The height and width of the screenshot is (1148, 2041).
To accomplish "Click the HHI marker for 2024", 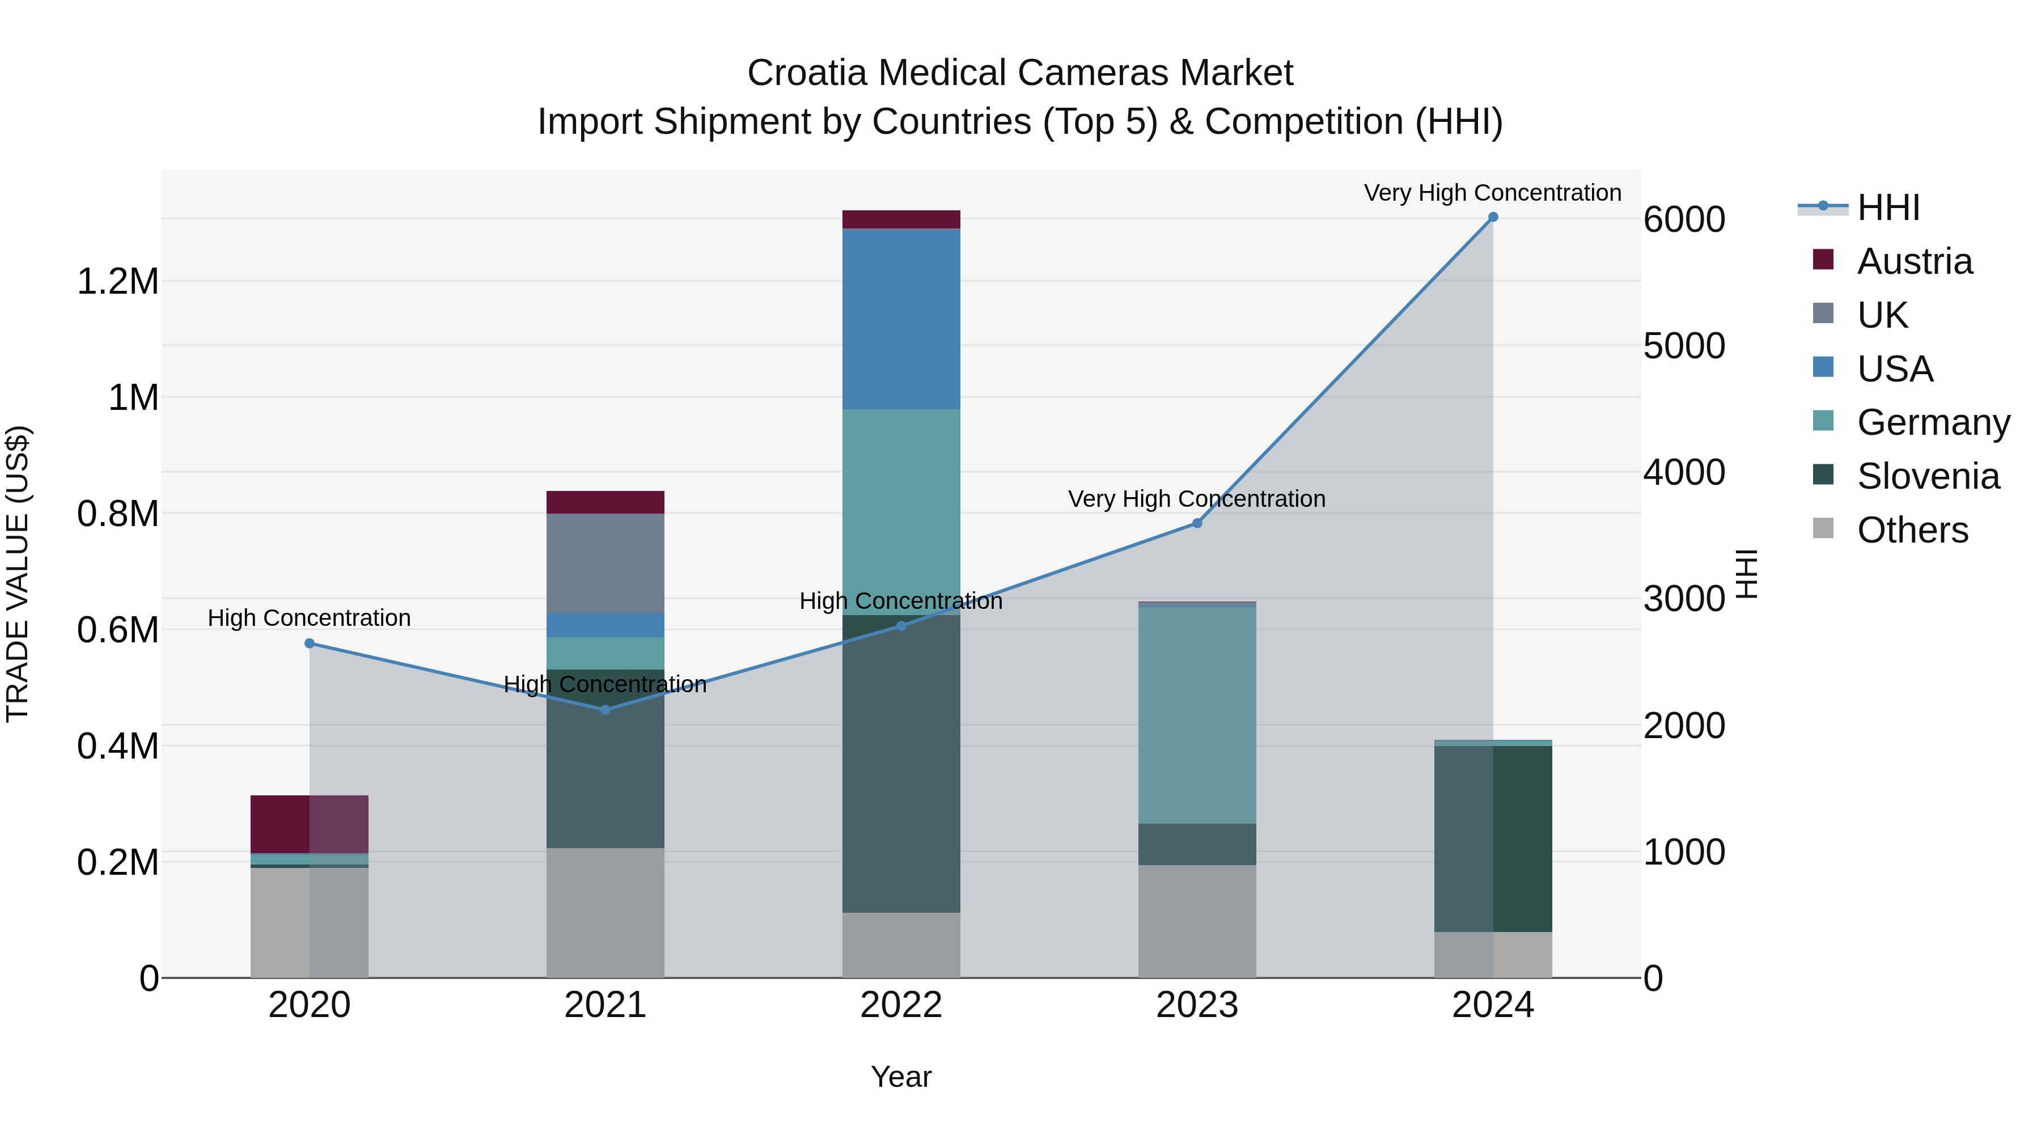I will pyautogui.click(x=1493, y=217).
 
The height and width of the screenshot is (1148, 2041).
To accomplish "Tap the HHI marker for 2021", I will pyautogui.click(x=605, y=710).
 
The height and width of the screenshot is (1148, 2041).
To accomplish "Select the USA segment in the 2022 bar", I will pyautogui.click(x=901, y=319).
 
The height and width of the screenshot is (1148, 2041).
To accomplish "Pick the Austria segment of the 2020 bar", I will pyautogui.click(x=309, y=824).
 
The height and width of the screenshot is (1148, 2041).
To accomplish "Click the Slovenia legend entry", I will pyautogui.click(x=1927, y=476).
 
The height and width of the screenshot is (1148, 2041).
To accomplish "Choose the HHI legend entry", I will pyautogui.click(x=1887, y=207).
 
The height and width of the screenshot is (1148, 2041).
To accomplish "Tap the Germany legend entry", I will pyautogui.click(x=1933, y=422).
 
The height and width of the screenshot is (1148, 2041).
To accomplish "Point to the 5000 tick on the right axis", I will pyautogui.click(x=1684, y=346).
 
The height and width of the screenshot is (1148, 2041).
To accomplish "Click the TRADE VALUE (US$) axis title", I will pyautogui.click(x=18, y=574).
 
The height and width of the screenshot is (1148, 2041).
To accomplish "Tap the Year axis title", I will pyautogui.click(x=901, y=1077).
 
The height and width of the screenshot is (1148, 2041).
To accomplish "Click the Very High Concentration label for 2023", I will pyautogui.click(x=1196, y=499).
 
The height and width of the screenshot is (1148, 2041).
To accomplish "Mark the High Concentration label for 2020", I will pyautogui.click(x=309, y=618).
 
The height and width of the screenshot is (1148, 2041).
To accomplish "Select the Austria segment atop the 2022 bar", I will pyautogui.click(x=901, y=219).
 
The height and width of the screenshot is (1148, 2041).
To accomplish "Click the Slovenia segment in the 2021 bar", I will pyautogui.click(x=605, y=759).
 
